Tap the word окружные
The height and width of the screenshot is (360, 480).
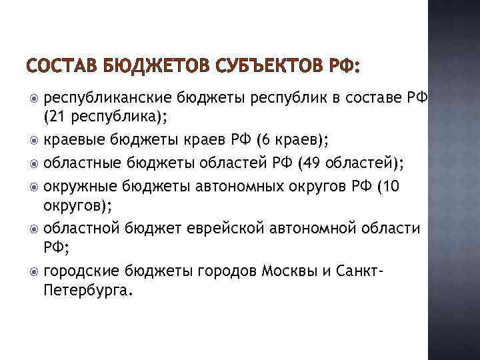coord(77,186)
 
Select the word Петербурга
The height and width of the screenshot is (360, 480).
coord(87,290)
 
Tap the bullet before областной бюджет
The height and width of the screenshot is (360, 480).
coord(34,229)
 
